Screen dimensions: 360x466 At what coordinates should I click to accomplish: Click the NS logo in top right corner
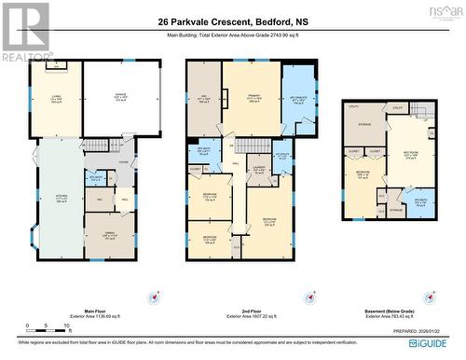coord(446,11)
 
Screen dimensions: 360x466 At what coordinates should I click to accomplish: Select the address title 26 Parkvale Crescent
coord(232,20)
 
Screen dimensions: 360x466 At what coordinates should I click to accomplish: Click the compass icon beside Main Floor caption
coord(150,272)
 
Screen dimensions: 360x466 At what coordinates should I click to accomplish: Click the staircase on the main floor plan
coord(98,145)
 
